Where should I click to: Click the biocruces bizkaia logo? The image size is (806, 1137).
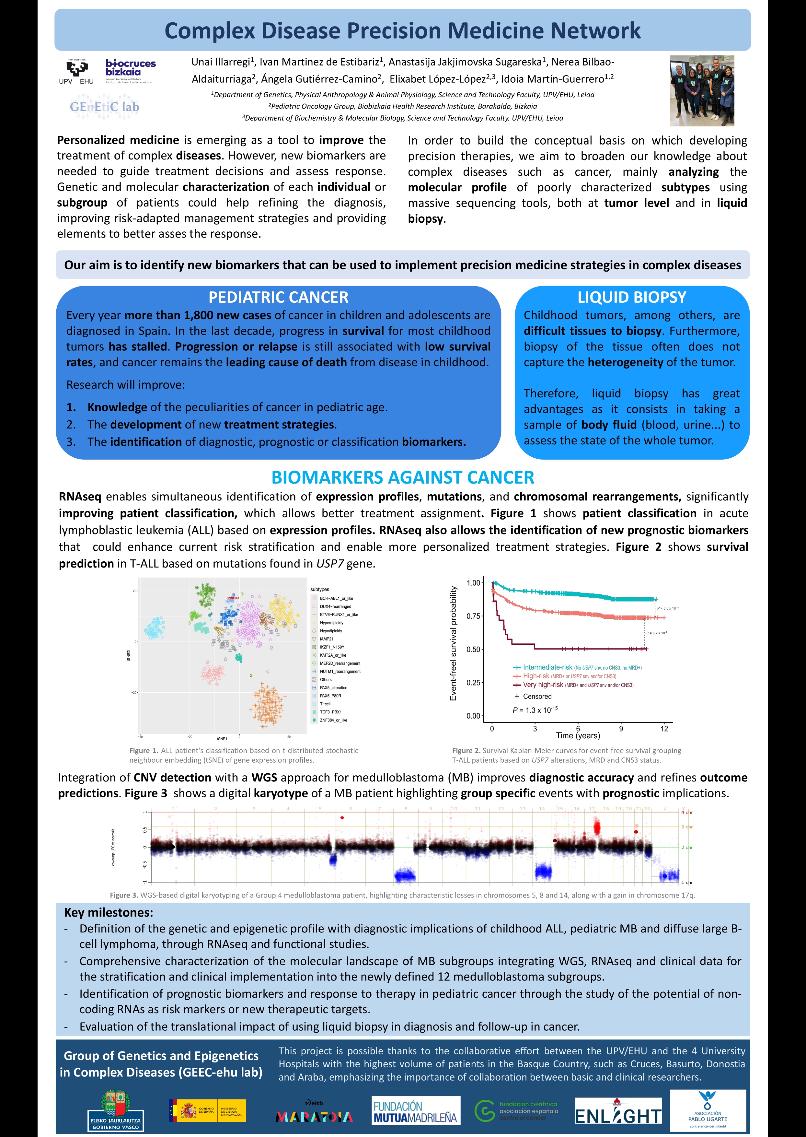pyautogui.click(x=130, y=71)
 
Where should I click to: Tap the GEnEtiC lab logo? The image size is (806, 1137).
pyautogui.click(x=104, y=107)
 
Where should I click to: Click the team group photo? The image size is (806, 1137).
pyautogui.click(x=701, y=91)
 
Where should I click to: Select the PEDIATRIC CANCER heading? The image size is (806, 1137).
pyautogui.click(x=278, y=298)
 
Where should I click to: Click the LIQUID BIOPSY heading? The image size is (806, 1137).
pyautogui.click(x=631, y=298)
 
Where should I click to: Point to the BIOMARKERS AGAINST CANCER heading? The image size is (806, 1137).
pyautogui.click(x=402, y=477)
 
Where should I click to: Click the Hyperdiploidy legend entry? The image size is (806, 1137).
pyautogui.click(x=331, y=623)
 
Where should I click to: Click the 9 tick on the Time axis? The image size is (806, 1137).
pyautogui.click(x=621, y=729)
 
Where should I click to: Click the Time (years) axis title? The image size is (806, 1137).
pyautogui.click(x=578, y=736)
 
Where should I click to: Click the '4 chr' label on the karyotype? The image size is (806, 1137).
pyautogui.click(x=686, y=812)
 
